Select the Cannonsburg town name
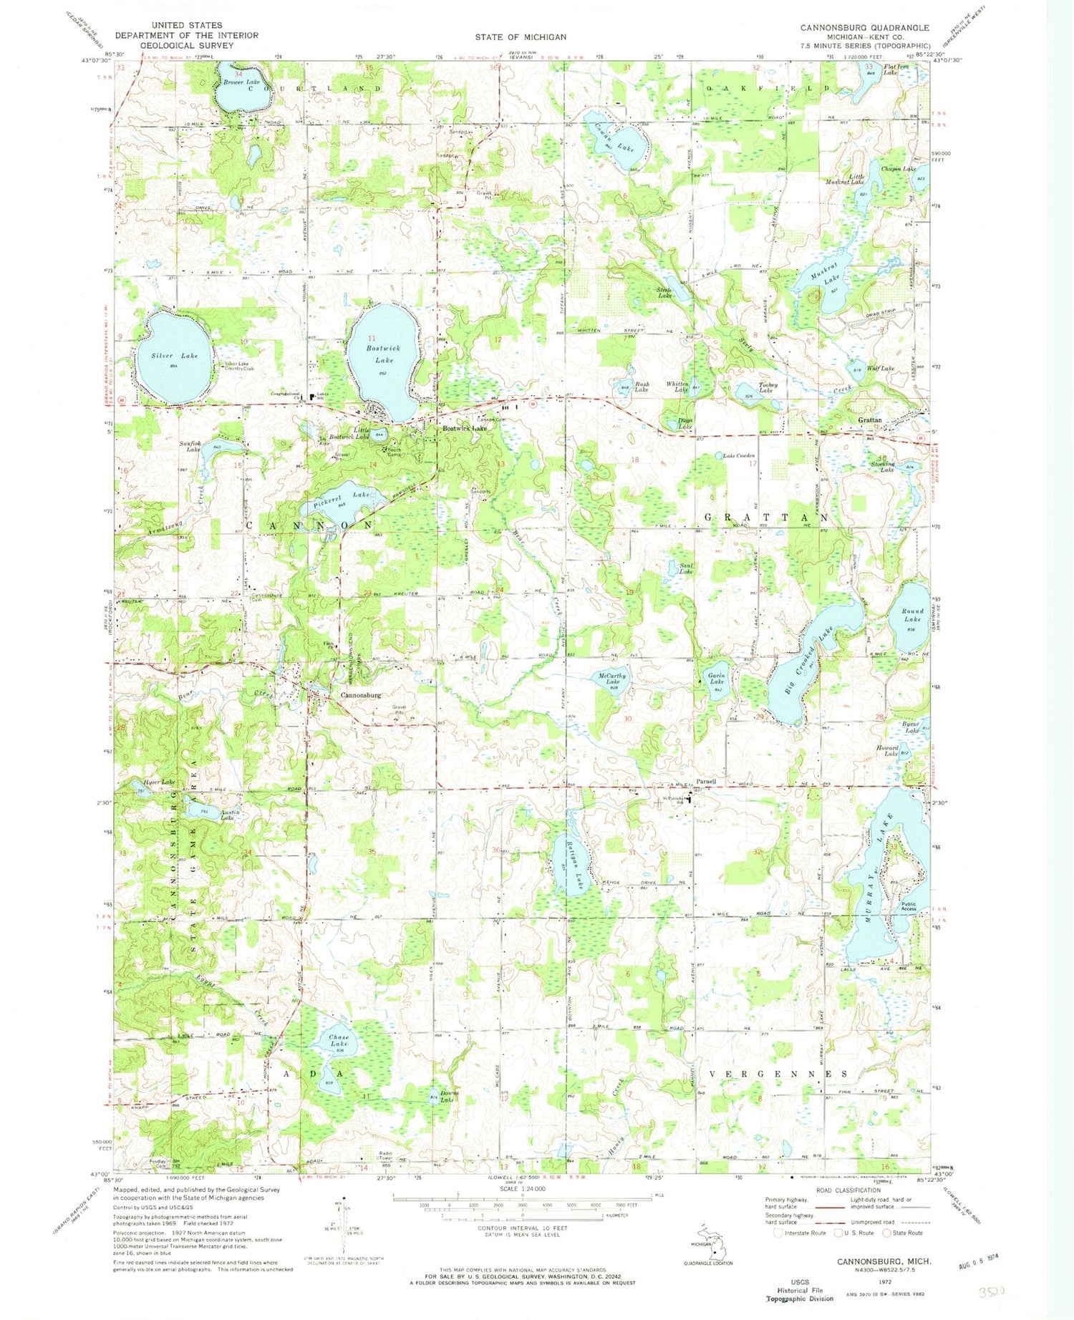tap(360, 695)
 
